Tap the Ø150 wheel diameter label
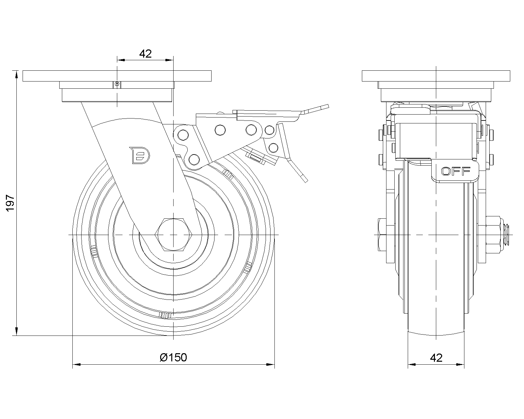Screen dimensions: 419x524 tap(174, 357)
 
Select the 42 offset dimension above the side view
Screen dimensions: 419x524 tap(145, 54)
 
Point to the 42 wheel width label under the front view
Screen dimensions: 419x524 tap(436, 358)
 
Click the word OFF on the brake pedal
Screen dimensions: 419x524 tap(456, 171)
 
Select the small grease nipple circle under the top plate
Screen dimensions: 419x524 tap(117, 84)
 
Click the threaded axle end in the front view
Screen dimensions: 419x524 tap(507, 235)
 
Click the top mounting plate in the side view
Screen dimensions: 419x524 tap(117, 76)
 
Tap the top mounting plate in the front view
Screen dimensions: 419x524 tap(436, 76)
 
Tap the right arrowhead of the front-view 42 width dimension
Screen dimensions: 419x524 tap(462, 364)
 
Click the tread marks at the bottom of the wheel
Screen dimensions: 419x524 tap(165, 315)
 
